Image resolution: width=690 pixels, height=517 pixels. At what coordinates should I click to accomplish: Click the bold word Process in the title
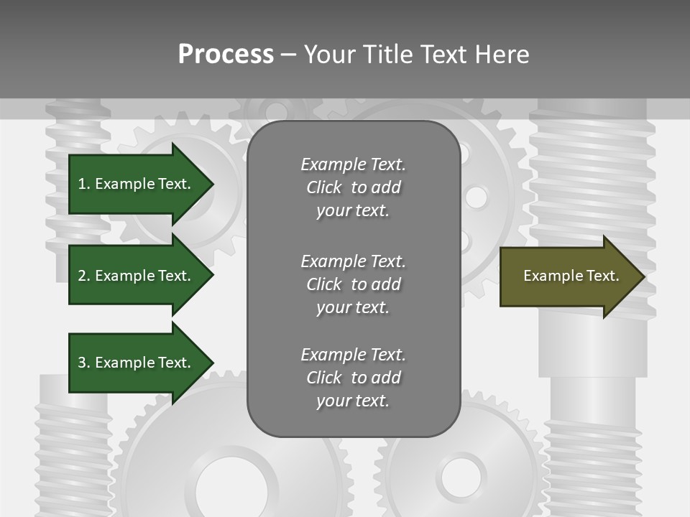pyautogui.click(x=226, y=55)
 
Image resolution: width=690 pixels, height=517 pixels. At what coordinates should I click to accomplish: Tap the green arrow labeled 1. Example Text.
pyautogui.click(x=137, y=184)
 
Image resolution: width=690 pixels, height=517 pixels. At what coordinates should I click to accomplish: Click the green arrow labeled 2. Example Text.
pyautogui.click(x=137, y=276)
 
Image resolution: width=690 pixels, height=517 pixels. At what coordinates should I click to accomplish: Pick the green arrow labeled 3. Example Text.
pyautogui.click(x=137, y=363)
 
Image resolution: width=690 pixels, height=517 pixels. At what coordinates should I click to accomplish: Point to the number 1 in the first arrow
pyautogui.click(x=82, y=184)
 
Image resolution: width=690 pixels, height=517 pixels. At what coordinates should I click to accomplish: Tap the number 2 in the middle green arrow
pyautogui.click(x=82, y=276)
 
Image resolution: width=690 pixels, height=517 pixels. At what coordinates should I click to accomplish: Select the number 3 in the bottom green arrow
pyautogui.click(x=82, y=363)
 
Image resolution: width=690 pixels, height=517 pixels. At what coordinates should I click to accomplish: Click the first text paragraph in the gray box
pyautogui.click(x=353, y=187)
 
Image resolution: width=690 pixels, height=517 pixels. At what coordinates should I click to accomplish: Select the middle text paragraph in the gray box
pyautogui.click(x=353, y=284)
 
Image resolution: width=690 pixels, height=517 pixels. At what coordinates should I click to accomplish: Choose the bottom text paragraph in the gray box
pyautogui.click(x=353, y=378)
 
